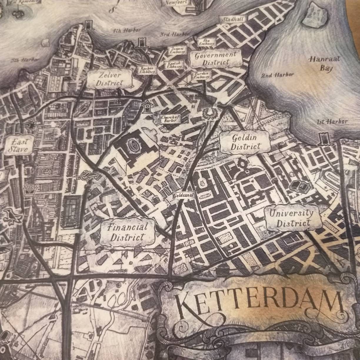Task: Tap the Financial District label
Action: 127,232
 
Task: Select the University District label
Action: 292,218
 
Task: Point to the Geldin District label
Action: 245,142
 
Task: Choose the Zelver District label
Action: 109,79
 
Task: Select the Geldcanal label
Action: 183,195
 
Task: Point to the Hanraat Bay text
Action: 324,64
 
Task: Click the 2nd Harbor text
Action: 277,75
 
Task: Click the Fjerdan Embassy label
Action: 201,75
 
